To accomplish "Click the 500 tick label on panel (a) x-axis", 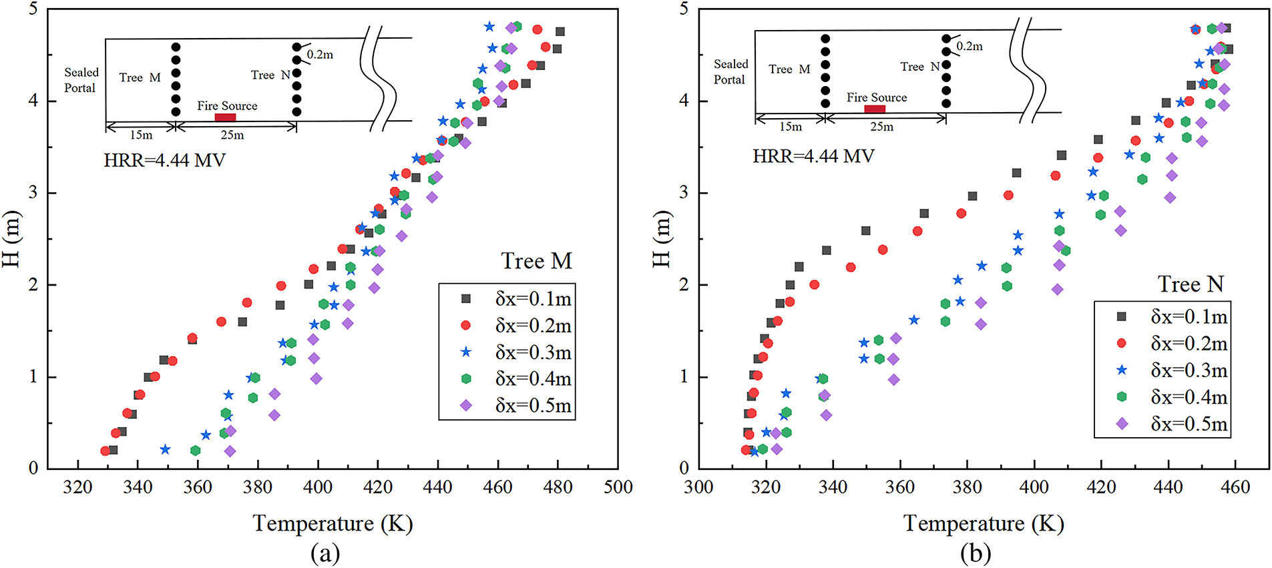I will [x=618, y=487].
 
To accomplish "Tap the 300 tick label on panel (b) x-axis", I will [x=698, y=487].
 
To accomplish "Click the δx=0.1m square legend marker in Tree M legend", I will [x=466, y=299].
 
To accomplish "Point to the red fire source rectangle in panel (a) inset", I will [x=225, y=117].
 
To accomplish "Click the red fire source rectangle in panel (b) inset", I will [x=875, y=109].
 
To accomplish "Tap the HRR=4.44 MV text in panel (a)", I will [x=164, y=160].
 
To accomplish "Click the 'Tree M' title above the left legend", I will [x=536, y=261].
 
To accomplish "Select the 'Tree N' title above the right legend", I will [x=1191, y=284].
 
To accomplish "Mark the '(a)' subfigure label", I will [x=325, y=553].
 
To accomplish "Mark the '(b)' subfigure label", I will [x=976, y=553].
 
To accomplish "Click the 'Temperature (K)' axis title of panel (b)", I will [x=984, y=523].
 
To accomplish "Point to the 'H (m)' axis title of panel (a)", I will [x=12, y=238].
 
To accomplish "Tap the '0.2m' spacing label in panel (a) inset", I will [x=320, y=55].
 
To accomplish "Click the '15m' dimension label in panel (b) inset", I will [x=791, y=127].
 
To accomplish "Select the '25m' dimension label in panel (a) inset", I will [x=232, y=135].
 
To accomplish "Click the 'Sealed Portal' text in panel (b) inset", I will [x=730, y=71].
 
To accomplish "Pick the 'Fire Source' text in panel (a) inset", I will [x=227, y=105].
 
